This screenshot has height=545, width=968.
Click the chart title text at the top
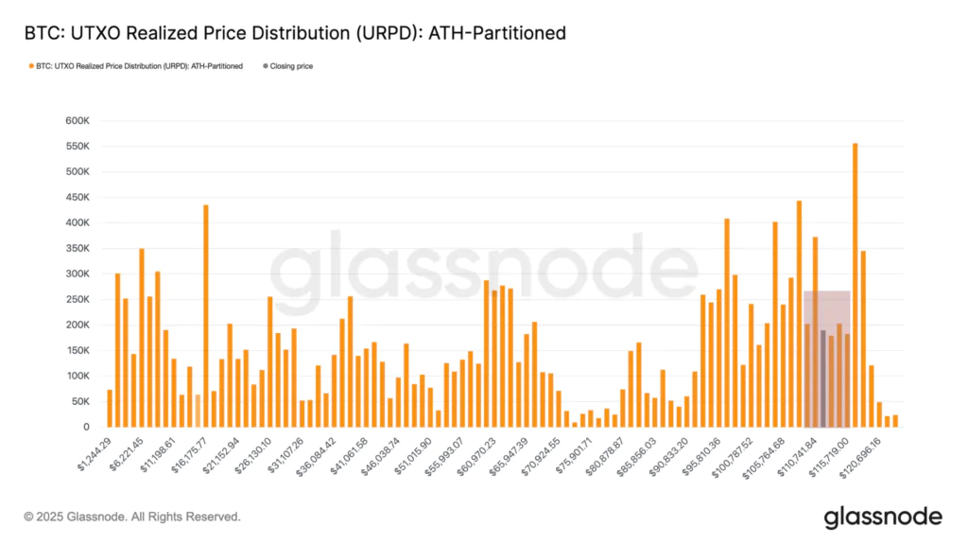pyautogui.click(x=295, y=33)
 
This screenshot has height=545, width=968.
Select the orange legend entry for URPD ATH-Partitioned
pyautogui.click(x=138, y=66)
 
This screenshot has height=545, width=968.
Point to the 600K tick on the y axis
pyautogui.click(x=77, y=121)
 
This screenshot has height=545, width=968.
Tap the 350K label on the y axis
pyautogui.click(x=77, y=248)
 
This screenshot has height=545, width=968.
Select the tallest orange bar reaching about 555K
pyautogui.click(x=855, y=284)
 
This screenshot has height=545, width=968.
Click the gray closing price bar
pyautogui.click(x=823, y=378)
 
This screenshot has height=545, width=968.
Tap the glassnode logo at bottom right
pyautogui.click(x=882, y=517)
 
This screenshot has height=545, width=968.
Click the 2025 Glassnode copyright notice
pyautogui.click(x=132, y=517)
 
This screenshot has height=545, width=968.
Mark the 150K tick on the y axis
pyautogui.click(x=77, y=350)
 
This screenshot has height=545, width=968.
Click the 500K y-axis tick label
pyautogui.click(x=77, y=172)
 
